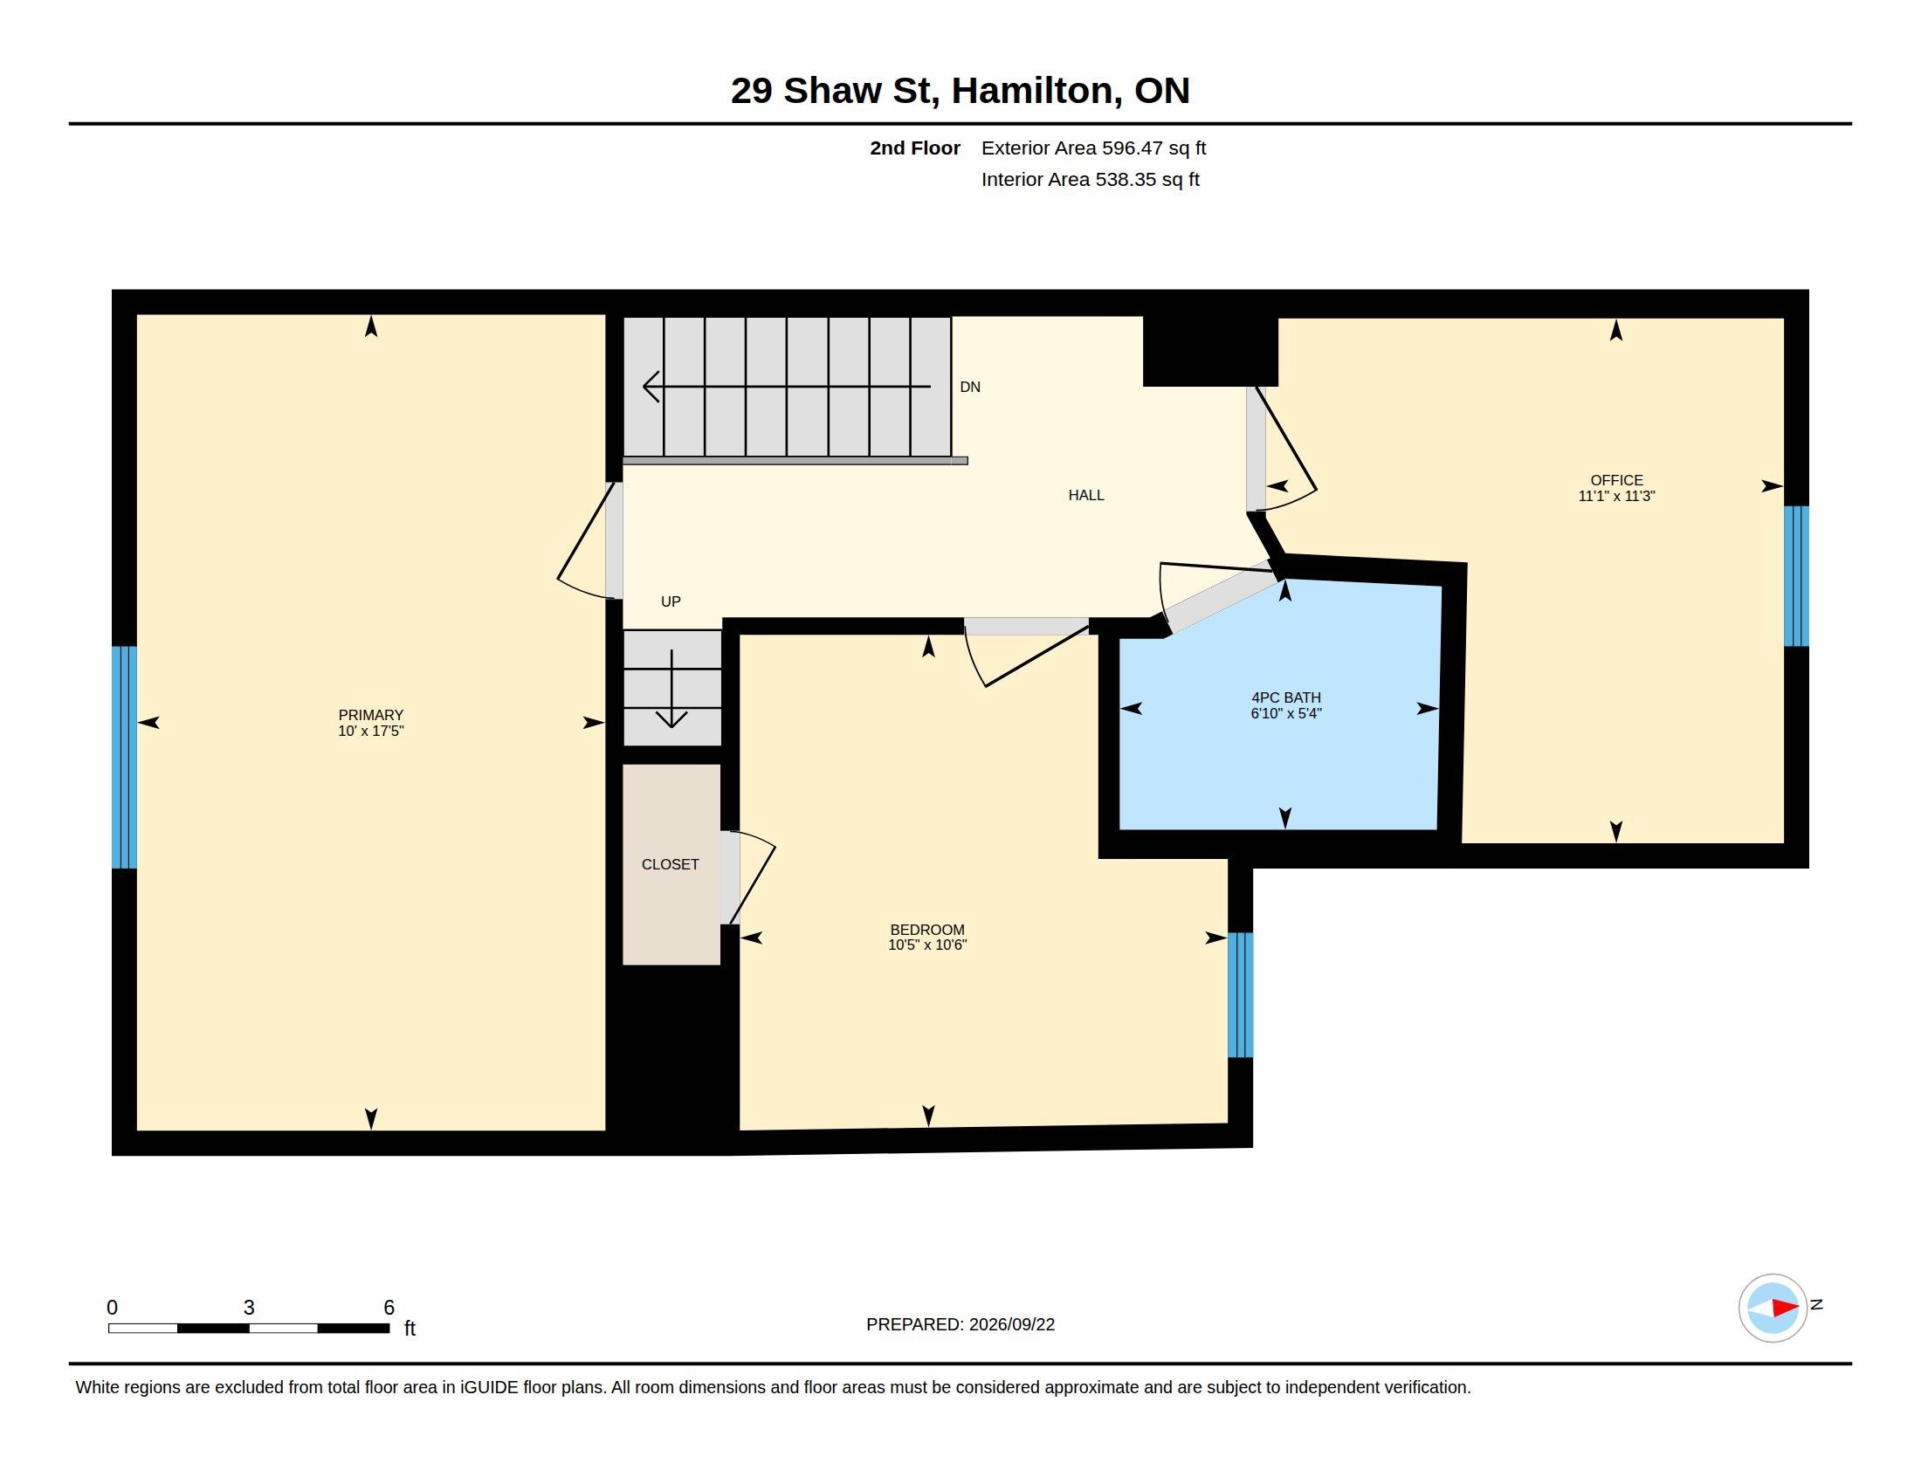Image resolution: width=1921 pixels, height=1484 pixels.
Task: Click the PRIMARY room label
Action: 370,715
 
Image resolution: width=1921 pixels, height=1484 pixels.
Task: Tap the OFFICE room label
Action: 1616,480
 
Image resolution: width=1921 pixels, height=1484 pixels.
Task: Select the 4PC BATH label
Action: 1286,697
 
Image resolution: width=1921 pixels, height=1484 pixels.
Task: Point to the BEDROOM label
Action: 927,930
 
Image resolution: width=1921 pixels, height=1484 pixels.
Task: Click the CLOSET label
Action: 671,864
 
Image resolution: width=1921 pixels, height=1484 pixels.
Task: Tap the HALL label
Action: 1086,495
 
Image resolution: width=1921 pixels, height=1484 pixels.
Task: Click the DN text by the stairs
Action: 970,387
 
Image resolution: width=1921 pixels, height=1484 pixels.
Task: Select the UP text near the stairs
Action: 671,601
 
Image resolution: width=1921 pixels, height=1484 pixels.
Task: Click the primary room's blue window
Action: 124,757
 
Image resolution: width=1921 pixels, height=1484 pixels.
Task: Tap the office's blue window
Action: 1796,576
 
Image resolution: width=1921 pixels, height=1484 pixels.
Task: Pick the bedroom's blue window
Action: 1240,994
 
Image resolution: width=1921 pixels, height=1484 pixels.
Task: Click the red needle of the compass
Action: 1786,1309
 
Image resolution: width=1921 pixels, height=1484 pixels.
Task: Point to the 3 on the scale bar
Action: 249,1308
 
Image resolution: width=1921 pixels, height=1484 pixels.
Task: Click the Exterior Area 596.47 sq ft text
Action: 1093,148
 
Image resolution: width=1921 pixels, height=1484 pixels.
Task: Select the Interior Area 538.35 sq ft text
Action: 1090,179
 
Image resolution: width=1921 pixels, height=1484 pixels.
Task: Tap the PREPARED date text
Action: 960,1324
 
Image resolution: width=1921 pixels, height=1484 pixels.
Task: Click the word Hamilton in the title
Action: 1036,91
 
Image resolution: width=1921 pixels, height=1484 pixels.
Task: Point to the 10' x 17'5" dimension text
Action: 370,731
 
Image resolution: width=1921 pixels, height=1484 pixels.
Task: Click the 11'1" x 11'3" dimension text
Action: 1616,496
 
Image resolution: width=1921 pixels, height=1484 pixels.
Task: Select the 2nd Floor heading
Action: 915,148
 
